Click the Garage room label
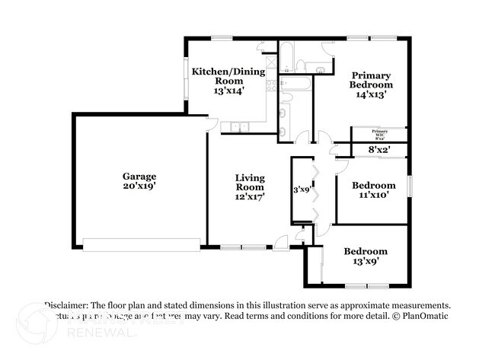pyautogui.click(x=139, y=176)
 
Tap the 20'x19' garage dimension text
pyautogui.click(x=139, y=186)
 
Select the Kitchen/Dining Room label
pyautogui.click(x=228, y=76)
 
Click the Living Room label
pyautogui.click(x=249, y=182)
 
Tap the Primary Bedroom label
pyautogui.click(x=371, y=80)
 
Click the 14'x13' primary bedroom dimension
pyautogui.click(x=371, y=95)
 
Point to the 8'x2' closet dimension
pyautogui.click(x=378, y=150)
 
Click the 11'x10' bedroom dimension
pyautogui.click(x=373, y=196)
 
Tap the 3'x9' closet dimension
pyautogui.click(x=301, y=190)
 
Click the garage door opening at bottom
pyautogui.click(x=142, y=244)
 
